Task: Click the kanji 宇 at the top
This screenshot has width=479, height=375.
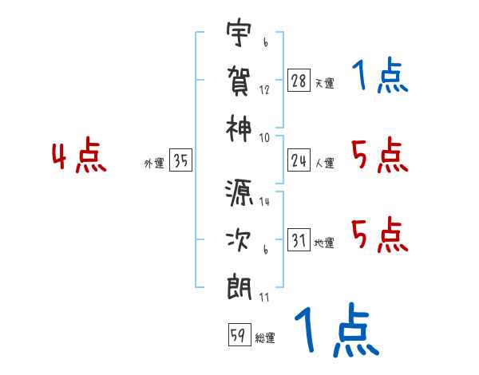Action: pos(239,34)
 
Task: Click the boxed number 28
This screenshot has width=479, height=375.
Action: pos(299,80)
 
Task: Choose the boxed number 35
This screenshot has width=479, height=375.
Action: pos(181,161)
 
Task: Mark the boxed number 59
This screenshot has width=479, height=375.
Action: pos(237,335)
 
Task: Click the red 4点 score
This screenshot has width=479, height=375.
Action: pos(79,157)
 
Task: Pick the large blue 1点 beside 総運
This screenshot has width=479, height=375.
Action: pos(335,330)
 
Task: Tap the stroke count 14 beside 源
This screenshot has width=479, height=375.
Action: pos(264,202)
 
